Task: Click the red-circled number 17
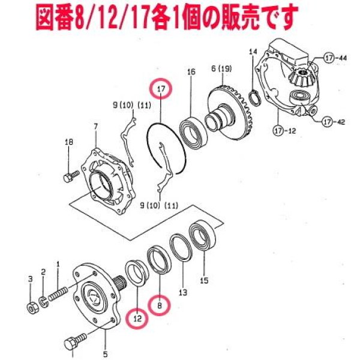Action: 161,89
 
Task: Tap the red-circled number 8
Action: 160,305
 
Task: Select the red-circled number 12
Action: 137,319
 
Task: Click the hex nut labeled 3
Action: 33,308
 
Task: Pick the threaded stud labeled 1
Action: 58,294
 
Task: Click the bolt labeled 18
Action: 70,176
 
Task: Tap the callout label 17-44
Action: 335,58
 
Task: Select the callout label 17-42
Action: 334,122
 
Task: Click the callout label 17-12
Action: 284,131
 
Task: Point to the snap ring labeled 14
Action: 255,98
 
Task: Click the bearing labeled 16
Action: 193,132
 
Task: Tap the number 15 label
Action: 204,280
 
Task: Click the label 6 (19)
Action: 221,68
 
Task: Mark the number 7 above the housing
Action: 95,126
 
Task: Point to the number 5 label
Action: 105,353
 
